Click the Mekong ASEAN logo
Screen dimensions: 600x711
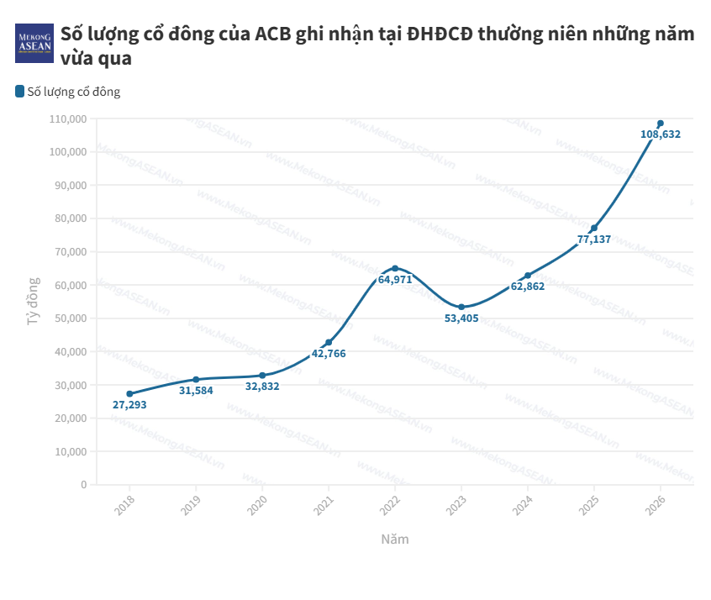pyautogui.click(x=34, y=43)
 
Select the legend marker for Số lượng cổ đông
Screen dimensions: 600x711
pyautogui.click(x=19, y=92)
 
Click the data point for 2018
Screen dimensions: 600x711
pyautogui.click(x=129, y=393)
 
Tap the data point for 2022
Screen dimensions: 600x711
pyautogui.click(x=395, y=268)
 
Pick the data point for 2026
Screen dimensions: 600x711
pyautogui.click(x=661, y=124)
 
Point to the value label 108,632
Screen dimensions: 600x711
pyautogui.click(x=661, y=134)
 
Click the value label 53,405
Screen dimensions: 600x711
pyautogui.click(x=461, y=318)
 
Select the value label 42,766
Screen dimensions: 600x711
pyautogui.click(x=329, y=354)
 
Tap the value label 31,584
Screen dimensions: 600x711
pyautogui.click(x=196, y=391)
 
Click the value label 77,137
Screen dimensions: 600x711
pyautogui.click(x=594, y=239)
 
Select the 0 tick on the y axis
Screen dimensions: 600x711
pyautogui.click(x=83, y=485)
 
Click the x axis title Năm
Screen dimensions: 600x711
pyautogui.click(x=394, y=539)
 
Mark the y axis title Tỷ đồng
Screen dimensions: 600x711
pyautogui.click(x=33, y=301)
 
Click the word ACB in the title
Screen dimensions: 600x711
pyautogui.click(x=273, y=34)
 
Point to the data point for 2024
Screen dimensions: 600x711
pyautogui.click(x=528, y=275)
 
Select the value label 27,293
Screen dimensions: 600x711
pyautogui.click(x=129, y=405)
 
